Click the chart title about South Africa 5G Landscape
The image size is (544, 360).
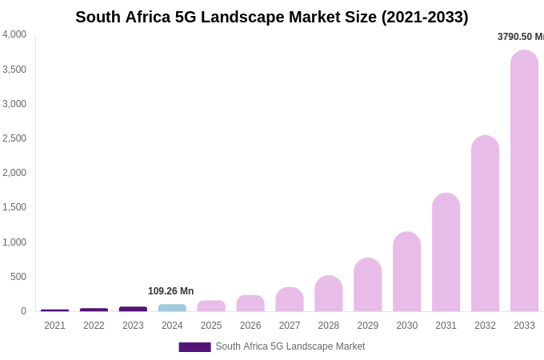pos(271,17)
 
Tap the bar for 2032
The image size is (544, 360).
pos(485,224)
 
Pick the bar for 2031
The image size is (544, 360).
pos(446,253)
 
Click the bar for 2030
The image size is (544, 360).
pos(406,272)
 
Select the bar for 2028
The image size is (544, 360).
pos(328,294)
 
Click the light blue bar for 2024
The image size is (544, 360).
pos(172,308)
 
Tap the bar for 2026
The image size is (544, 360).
pos(250,303)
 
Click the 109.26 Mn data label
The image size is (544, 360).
pos(170,291)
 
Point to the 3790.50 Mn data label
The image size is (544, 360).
pos(520,37)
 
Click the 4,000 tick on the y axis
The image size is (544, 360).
pos(14,34)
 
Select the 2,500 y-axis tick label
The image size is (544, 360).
pos(14,138)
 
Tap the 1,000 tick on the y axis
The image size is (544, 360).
pos(14,242)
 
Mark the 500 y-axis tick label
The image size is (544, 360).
pos(18,277)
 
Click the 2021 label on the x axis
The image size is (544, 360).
pos(54,326)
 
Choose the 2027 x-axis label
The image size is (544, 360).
pos(290,326)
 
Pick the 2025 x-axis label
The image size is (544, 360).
pos(211,326)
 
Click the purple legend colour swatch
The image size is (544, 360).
pos(194,347)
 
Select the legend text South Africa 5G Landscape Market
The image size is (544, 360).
pos(290,346)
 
